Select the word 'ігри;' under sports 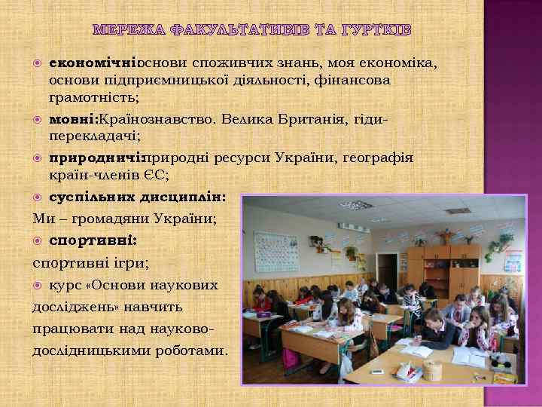coord(129,264)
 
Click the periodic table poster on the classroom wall coord(276,251)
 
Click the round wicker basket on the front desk coord(432,370)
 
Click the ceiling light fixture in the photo coord(356,204)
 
